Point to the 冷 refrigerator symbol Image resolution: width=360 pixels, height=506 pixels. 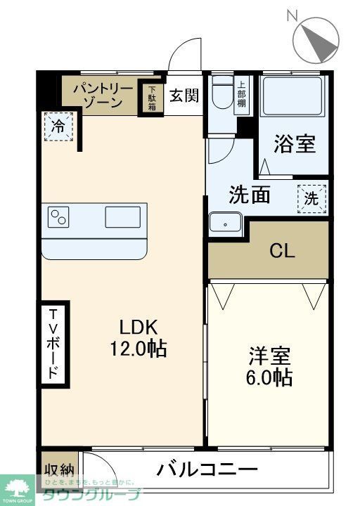coord(58,127)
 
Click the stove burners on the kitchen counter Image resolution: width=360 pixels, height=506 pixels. coord(58,216)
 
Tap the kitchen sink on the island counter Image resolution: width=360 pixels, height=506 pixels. coord(122,216)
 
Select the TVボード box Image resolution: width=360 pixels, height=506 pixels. coord(53,344)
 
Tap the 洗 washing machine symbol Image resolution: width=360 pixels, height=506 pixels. coord(310,197)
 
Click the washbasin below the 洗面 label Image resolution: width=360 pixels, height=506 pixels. coord(225,223)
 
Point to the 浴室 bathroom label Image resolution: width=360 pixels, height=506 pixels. coord(294,144)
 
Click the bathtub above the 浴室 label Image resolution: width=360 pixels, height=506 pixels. coord(293,98)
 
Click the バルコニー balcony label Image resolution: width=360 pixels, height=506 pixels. coord(207,469)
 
